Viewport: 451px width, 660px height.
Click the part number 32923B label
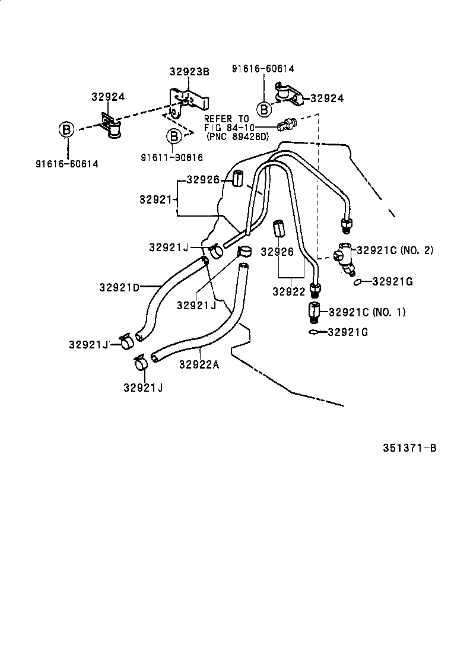189,72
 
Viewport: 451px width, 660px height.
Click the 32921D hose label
119,288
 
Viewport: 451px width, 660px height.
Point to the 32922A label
199,364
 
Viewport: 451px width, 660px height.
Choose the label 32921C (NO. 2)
395,250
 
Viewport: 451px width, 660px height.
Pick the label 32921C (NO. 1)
367,312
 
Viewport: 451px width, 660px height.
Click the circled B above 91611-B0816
173,137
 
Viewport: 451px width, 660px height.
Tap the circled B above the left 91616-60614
66,129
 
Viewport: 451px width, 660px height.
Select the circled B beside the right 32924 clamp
264,109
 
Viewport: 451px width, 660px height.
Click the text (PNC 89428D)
237,136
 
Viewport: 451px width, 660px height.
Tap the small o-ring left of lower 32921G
313,332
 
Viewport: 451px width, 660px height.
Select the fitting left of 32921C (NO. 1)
313,311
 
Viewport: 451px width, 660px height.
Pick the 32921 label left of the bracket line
155,199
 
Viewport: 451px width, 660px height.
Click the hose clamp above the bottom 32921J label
141,363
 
